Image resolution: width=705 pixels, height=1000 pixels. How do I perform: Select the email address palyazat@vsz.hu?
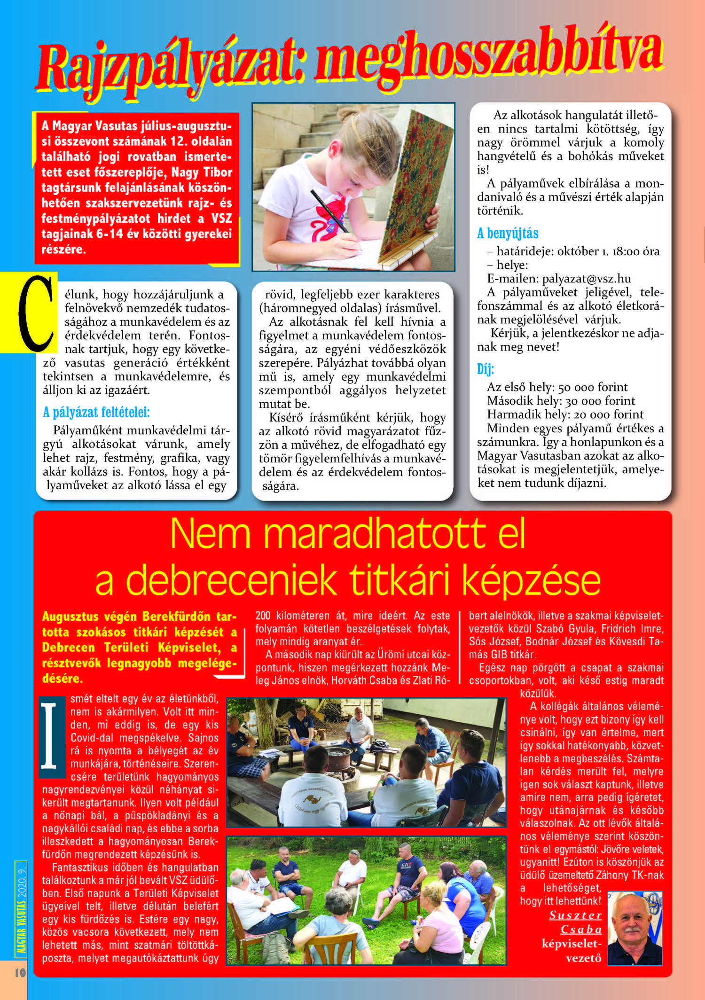[586, 279]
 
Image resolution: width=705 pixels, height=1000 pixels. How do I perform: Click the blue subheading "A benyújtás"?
[508, 234]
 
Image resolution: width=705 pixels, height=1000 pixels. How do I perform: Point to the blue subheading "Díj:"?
[486, 369]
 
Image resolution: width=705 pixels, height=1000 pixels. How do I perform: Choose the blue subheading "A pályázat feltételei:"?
[96, 413]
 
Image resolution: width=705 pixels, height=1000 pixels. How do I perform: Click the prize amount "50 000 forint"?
[593, 387]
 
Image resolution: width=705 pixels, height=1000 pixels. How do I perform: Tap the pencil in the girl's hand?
[329, 211]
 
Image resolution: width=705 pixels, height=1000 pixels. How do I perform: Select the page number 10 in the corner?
[20, 972]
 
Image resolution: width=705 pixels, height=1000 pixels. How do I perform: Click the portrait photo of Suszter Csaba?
[634, 928]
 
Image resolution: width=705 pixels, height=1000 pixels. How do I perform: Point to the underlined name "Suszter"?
[575, 915]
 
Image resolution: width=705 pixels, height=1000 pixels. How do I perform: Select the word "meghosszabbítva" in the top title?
[489, 56]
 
